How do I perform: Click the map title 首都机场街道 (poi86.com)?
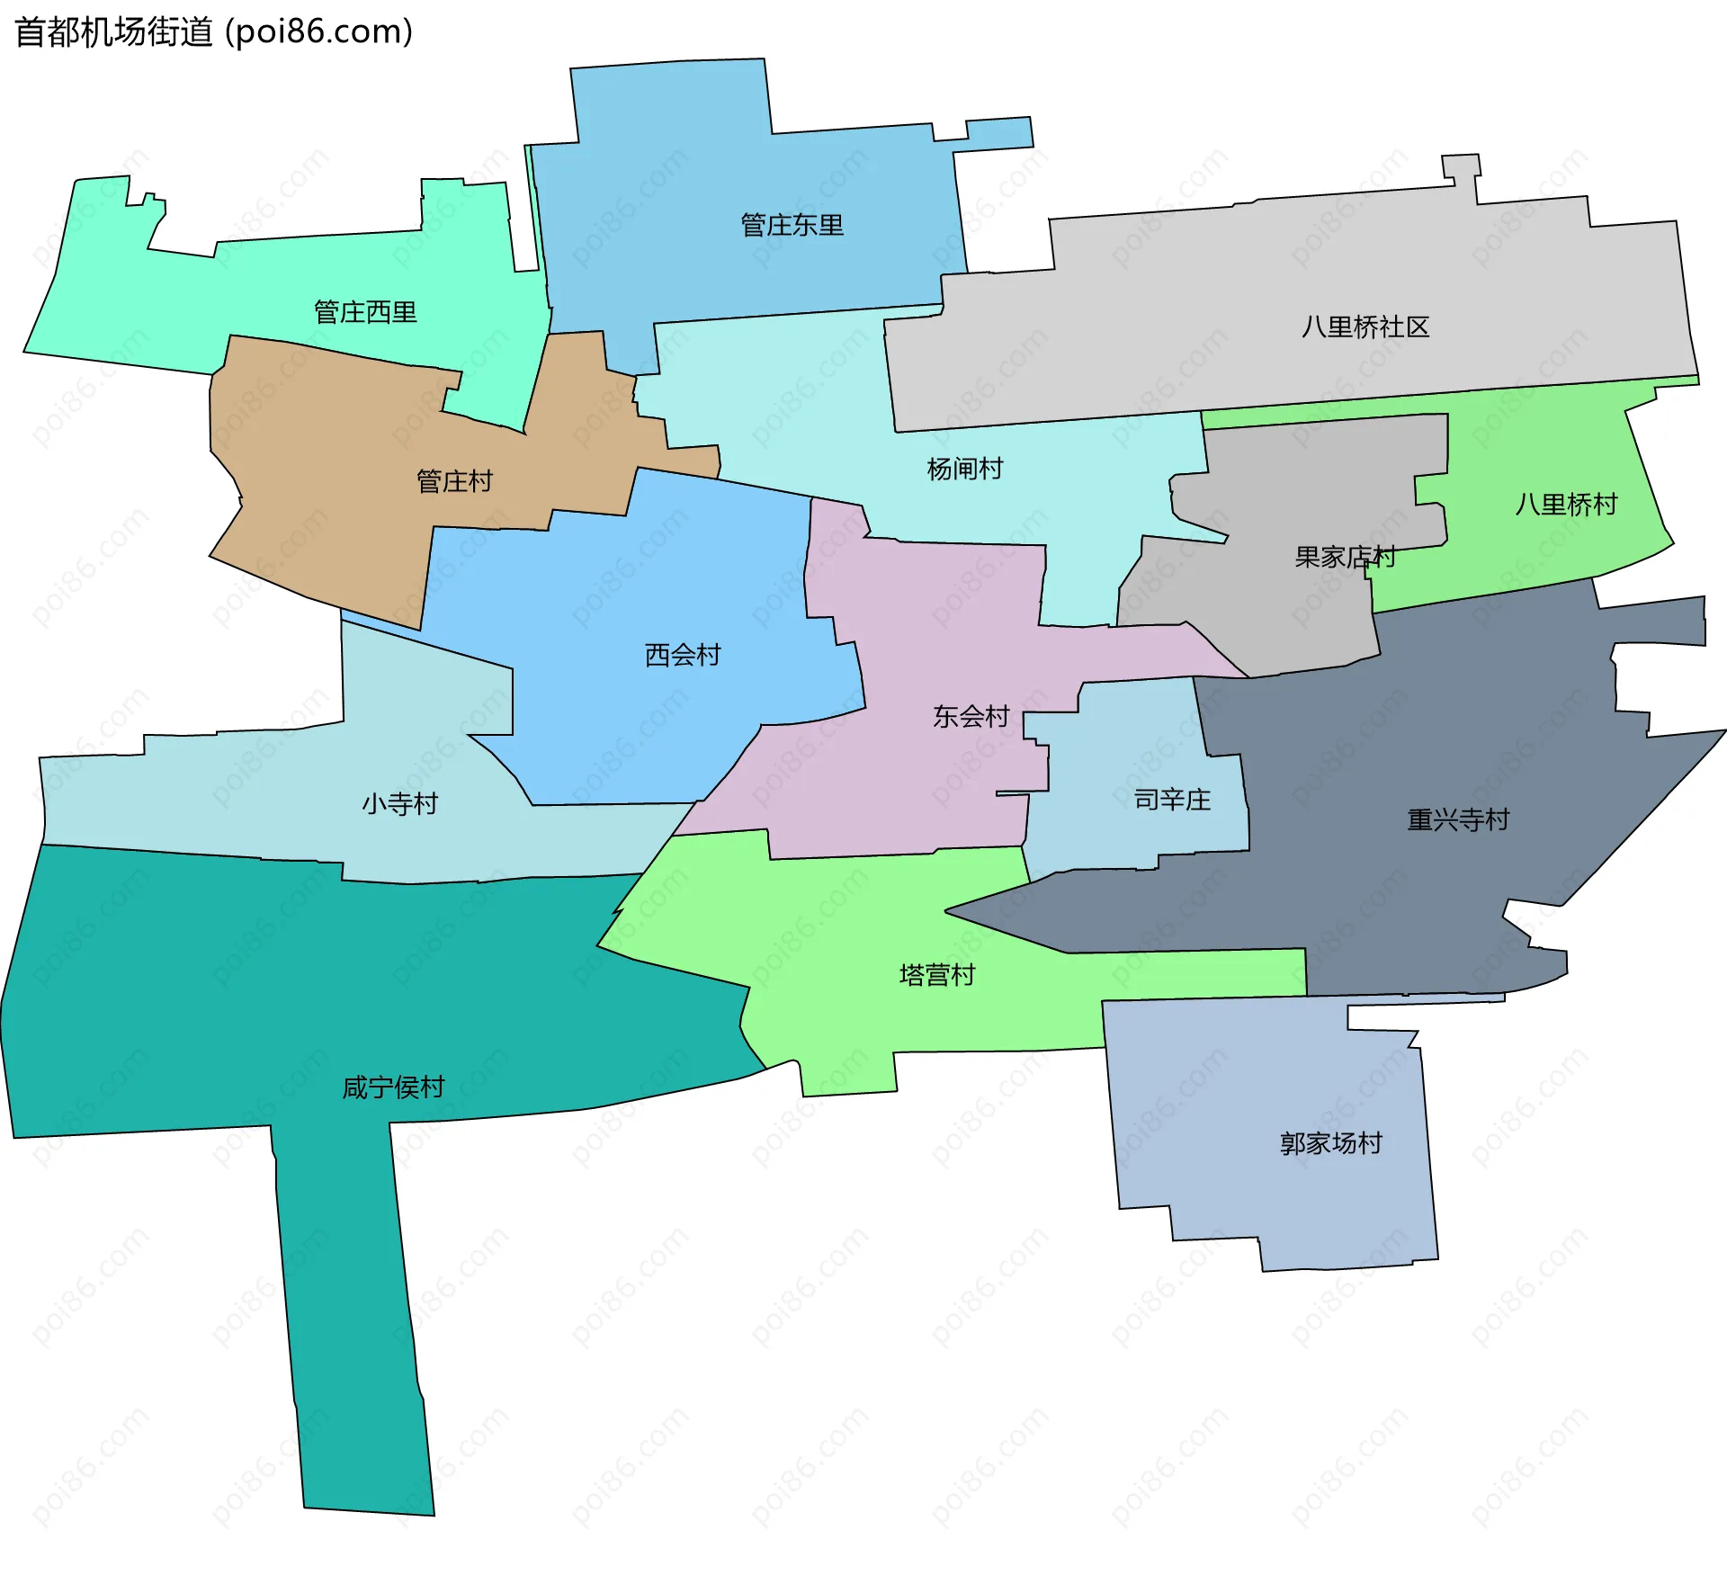pos(214,32)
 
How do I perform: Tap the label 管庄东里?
pos(792,225)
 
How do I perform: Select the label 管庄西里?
pos(365,312)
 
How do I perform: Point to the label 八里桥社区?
pos(1365,327)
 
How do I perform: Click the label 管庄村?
pos(454,481)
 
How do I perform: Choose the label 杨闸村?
pos(964,469)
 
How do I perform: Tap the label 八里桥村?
pos(1566,504)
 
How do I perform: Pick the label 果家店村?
pos(1345,558)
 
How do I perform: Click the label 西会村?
pos(683,655)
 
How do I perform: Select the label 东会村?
pos(971,716)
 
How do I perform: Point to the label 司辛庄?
pos(1172,799)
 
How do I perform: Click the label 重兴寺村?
pos(1458,819)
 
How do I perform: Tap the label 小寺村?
pos(399,803)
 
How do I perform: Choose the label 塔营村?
pos(937,975)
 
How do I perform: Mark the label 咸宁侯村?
pos(393,1087)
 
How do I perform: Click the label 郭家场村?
pos(1330,1143)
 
